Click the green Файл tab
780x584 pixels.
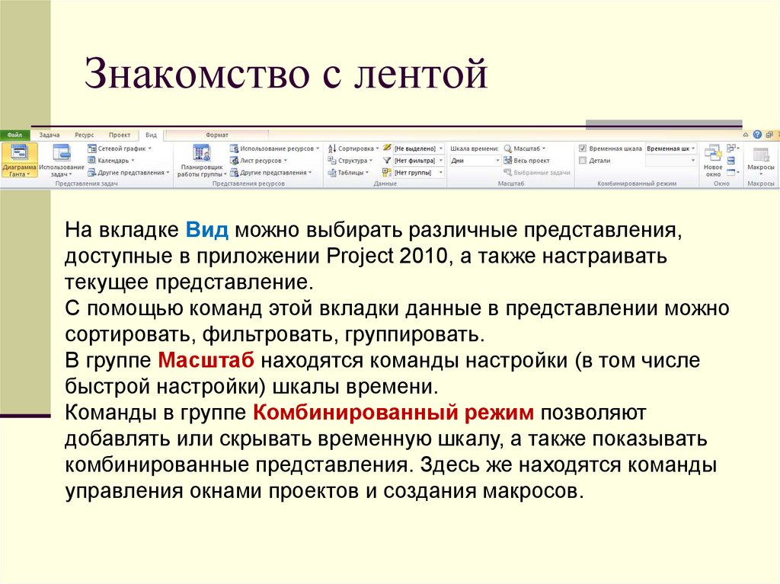[14, 134]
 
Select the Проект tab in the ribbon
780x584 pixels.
[119, 134]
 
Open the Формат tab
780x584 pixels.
[217, 134]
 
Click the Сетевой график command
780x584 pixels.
[120, 148]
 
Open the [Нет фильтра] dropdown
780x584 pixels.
[418, 161]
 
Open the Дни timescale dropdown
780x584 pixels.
[475, 161]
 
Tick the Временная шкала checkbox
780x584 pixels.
[583, 148]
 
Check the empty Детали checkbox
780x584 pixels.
[583, 161]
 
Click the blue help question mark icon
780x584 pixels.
[757, 134]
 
